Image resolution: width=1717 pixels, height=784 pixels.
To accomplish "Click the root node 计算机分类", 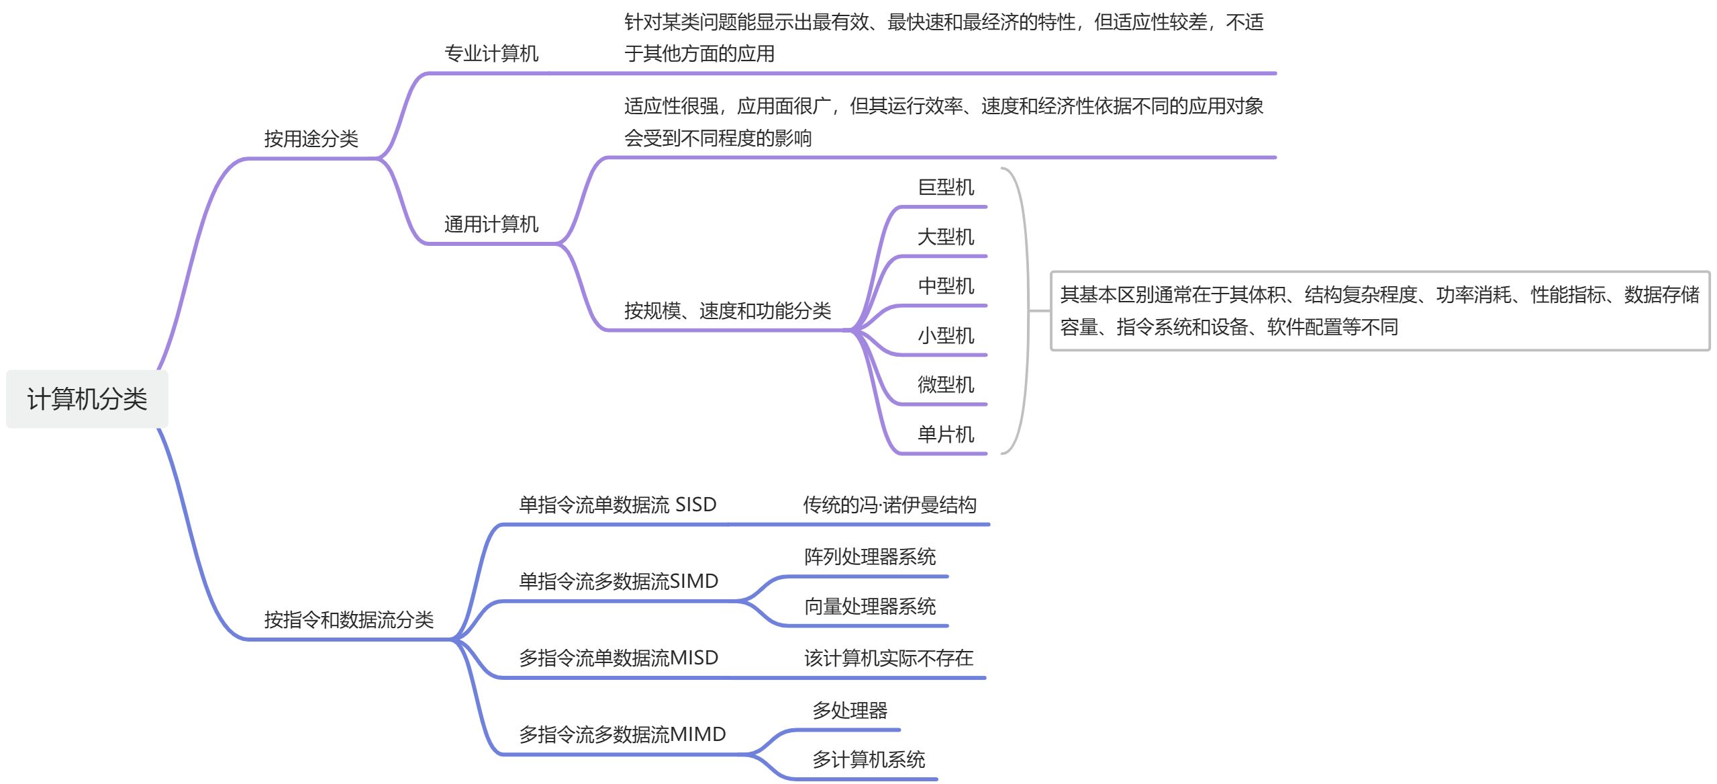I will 87,399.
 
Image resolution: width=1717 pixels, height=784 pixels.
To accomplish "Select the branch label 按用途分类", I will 311,139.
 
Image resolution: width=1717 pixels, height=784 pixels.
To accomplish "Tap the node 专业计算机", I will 491,54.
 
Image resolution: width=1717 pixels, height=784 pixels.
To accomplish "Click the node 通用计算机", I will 491,224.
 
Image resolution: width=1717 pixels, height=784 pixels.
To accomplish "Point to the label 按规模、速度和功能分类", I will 727,311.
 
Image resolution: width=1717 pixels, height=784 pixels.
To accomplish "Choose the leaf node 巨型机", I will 945,187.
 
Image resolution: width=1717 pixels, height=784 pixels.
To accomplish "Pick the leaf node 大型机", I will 945,237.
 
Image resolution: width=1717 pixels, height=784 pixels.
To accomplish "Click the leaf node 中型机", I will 945,286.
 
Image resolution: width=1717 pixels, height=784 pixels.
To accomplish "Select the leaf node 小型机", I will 945,336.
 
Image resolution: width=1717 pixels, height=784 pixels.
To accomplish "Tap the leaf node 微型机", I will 945,385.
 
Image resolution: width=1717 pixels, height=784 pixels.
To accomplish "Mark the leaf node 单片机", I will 945,435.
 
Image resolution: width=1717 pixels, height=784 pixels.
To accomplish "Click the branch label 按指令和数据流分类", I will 348,620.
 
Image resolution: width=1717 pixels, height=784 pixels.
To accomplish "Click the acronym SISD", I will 695,505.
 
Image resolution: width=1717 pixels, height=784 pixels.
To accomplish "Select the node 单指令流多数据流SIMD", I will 618,581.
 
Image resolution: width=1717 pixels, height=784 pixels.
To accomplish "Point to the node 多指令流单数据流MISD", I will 618,658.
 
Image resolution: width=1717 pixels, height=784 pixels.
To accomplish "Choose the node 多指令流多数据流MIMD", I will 622,734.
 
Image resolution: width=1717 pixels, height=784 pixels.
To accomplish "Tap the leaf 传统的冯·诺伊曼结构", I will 889,505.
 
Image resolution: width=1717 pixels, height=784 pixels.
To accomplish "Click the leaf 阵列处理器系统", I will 869,557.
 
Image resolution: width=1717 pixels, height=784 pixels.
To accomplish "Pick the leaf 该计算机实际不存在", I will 888,658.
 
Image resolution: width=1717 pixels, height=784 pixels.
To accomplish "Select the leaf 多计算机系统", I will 868,760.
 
